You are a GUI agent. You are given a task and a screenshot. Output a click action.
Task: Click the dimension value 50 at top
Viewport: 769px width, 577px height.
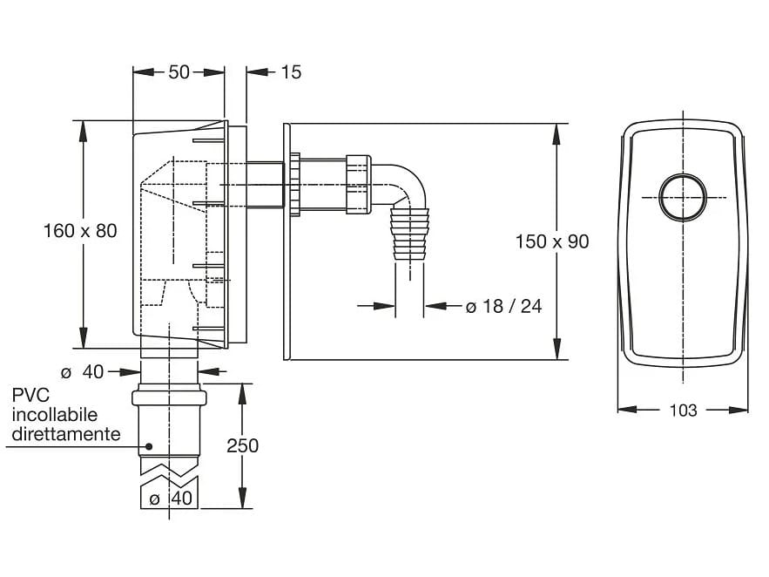[179, 72]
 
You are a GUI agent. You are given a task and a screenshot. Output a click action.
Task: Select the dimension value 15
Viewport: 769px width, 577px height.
[291, 72]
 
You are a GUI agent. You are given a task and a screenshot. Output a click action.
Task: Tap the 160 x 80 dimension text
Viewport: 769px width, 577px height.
[80, 231]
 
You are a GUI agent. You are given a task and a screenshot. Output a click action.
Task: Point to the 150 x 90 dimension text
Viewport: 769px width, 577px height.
[552, 241]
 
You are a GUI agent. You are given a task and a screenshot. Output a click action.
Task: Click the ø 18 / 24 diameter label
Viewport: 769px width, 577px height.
[503, 306]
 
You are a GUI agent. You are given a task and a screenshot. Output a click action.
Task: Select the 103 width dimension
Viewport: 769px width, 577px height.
[684, 410]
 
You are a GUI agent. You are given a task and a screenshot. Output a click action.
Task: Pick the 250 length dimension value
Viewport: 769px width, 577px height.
[242, 445]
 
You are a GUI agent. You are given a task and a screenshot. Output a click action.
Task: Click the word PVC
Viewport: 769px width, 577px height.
[30, 397]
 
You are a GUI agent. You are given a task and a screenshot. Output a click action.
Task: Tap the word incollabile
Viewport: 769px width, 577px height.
[54, 415]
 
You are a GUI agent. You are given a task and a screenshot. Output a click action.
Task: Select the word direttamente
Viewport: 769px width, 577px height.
[65, 433]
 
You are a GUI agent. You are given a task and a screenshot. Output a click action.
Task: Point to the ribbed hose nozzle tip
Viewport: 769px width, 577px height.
[410, 235]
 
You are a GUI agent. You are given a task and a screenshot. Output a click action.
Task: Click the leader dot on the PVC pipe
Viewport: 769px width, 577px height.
[150, 446]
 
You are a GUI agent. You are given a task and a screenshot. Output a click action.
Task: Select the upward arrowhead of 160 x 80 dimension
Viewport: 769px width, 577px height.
[84, 127]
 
